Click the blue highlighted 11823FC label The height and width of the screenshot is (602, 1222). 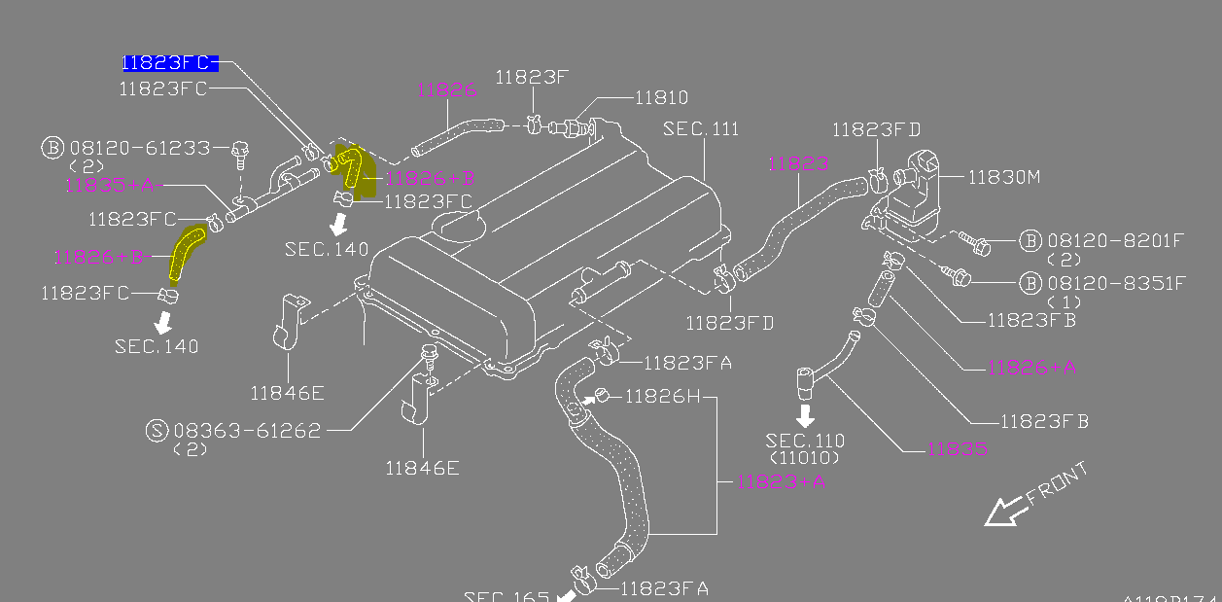coord(167,63)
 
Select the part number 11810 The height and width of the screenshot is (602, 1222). coord(661,97)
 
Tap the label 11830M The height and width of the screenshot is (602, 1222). coord(1004,176)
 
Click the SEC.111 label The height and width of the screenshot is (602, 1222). coord(700,129)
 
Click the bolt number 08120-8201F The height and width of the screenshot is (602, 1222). coord(1116,239)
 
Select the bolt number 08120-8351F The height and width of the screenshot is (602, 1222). coord(1116,283)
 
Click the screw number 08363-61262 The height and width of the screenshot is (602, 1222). coord(247,430)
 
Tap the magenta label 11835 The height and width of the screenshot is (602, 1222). coord(957,448)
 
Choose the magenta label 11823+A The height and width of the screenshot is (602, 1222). coord(781,480)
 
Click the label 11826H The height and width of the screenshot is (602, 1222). coord(661,396)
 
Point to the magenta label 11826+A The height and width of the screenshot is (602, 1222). coord(1031,367)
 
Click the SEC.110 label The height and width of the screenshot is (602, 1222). coord(805,441)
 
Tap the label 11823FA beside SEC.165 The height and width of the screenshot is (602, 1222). coord(664,587)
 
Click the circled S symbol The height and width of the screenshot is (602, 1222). coord(157,430)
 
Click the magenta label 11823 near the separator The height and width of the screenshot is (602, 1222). coord(798,164)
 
